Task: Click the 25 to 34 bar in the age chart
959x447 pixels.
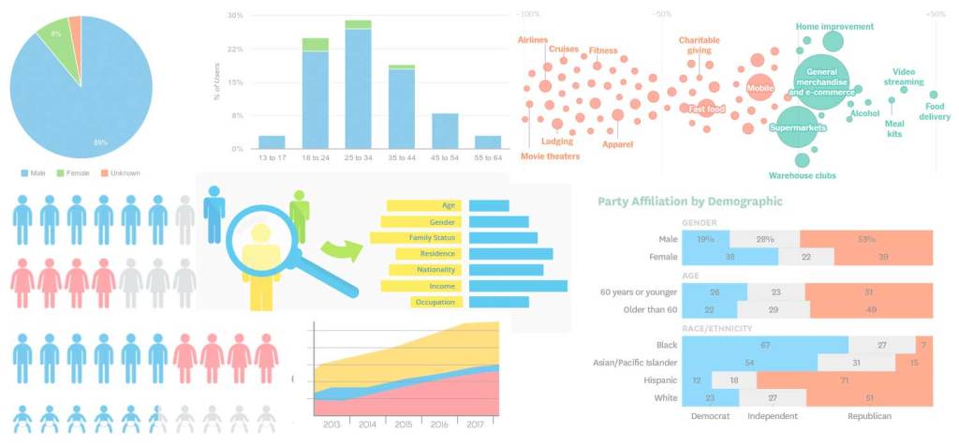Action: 358,88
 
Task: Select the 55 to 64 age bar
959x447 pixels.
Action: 488,142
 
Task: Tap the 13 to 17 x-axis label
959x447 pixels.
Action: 272,158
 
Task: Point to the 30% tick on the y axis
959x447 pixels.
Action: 235,16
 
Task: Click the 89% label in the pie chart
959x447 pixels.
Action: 99,142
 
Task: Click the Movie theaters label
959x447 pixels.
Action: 550,156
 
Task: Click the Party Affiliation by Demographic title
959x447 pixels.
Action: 689,201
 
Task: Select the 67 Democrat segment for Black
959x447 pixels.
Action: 765,345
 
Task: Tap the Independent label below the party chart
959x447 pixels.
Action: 773,415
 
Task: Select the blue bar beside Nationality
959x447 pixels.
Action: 506,270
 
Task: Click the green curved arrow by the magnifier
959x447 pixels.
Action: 339,247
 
